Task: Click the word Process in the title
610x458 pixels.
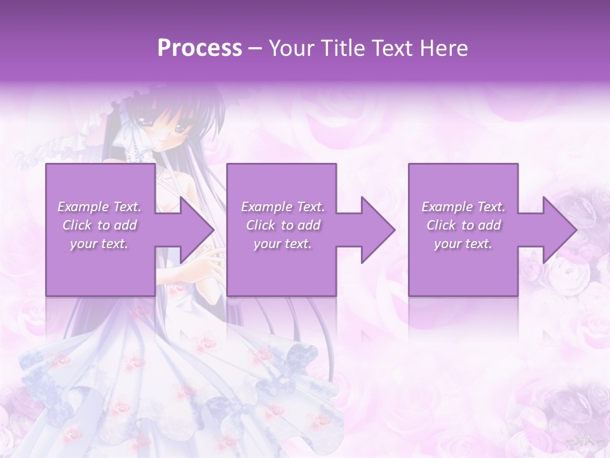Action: (x=200, y=48)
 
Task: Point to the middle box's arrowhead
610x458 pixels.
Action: (x=379, y=230)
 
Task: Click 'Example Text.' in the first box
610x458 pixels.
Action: (x=99, y=207)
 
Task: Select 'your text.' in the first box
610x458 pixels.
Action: (x=99, y=244)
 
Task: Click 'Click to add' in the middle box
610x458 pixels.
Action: (x=283, y=225)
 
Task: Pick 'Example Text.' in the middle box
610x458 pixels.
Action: (x=283, y=207)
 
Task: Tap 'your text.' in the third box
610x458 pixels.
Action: (x=463, y=244)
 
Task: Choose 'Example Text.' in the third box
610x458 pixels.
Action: (x=463, y=207)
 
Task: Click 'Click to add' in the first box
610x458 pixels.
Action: (x=99, y=225)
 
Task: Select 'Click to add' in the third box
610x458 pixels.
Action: (x=463, y=225)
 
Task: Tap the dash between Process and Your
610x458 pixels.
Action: (x=255, y=48)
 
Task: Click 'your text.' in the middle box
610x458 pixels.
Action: (x=283, y=244)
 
